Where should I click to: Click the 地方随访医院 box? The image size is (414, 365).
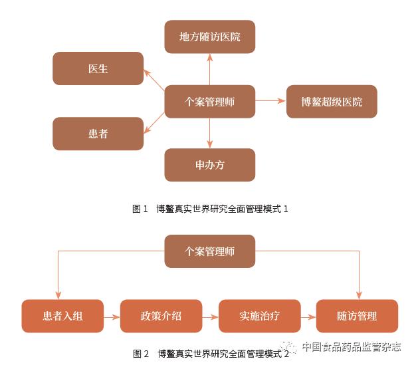209,37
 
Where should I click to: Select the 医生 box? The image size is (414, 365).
98,68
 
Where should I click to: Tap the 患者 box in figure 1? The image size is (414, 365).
98,134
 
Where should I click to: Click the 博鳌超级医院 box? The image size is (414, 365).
332,102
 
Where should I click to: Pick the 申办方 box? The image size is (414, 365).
209,165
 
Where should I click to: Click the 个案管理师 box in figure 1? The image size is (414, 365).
209,102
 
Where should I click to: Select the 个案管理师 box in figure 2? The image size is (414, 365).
209,251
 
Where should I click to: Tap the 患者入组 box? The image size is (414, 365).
63,316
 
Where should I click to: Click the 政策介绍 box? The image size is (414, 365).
161,316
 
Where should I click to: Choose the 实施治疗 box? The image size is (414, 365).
259,316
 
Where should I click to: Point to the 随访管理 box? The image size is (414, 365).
357,316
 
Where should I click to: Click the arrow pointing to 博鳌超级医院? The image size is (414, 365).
270,101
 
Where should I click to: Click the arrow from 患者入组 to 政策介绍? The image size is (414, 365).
112,316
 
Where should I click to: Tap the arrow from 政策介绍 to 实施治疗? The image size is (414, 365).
210,316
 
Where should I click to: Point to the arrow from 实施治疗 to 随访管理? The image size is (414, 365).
308,316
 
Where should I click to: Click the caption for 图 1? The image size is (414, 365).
210,209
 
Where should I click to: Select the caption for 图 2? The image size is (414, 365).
210,353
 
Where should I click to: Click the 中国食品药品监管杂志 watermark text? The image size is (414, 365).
351,346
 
